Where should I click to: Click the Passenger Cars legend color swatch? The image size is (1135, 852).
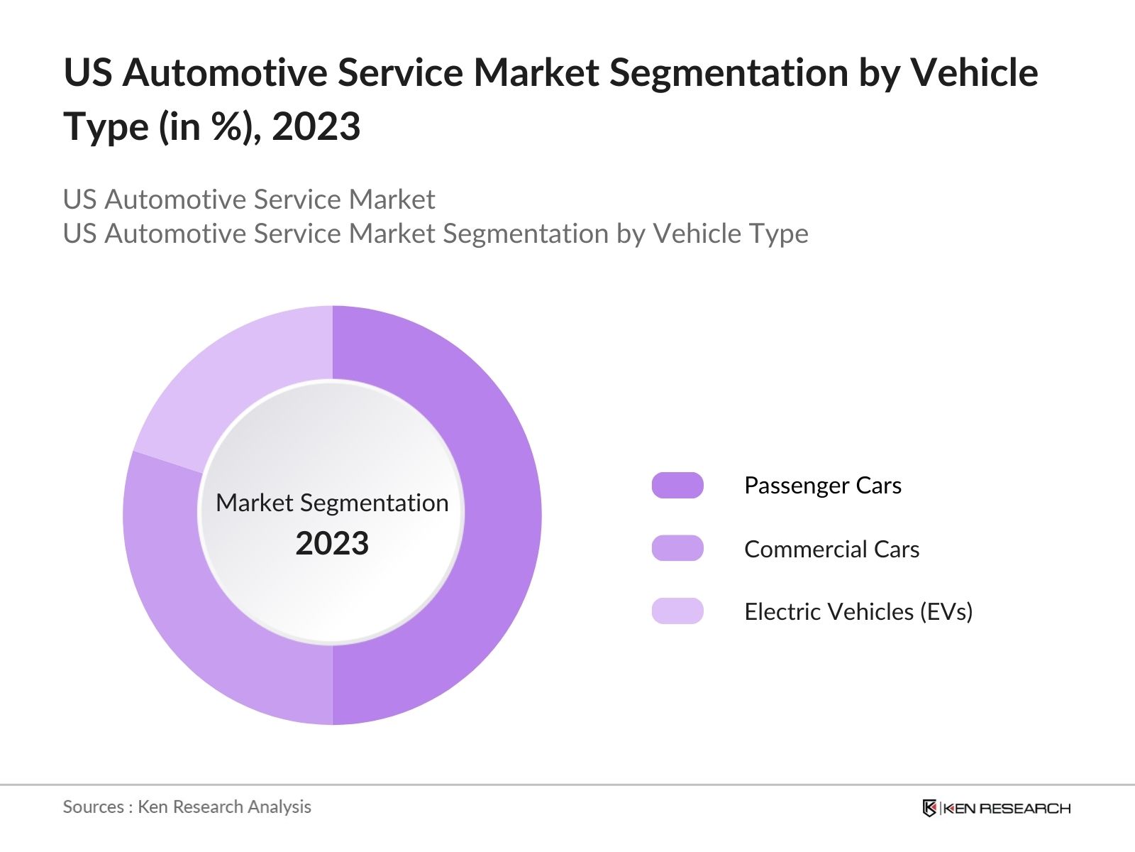click(677, 486)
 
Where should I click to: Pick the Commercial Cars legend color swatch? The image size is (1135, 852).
click(677, 549)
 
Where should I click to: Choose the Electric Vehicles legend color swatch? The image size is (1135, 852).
click(677, 611)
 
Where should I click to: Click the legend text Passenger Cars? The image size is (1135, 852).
click(822, 486)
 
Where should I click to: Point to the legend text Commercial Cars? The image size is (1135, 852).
click(831, 549)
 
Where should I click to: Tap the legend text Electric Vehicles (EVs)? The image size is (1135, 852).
click(858, 611)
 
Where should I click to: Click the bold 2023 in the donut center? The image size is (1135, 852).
click(332, 544)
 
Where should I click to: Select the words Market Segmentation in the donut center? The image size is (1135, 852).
click(332, 503)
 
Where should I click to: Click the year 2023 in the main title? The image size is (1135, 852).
click(316, 127)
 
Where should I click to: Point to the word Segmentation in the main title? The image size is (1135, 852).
click(728, 73)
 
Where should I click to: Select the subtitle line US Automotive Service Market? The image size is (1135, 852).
click(248, 200)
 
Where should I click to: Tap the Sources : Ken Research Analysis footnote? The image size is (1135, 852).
click(187, 807)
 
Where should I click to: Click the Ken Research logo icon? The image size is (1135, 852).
click(929, 808)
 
